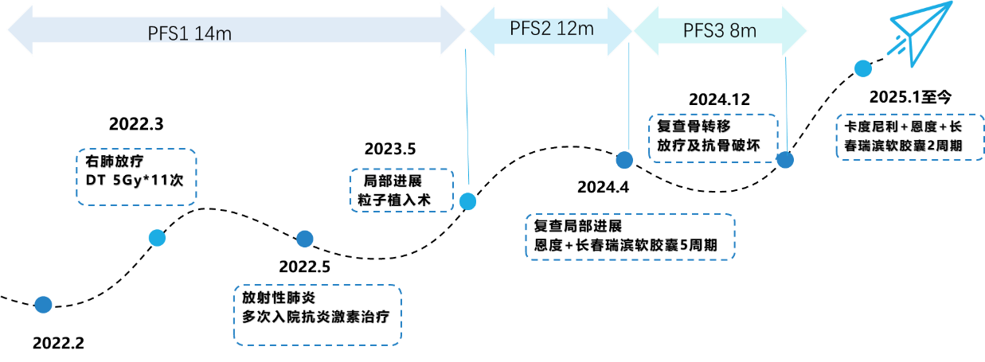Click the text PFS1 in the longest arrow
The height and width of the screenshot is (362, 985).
(169, 33)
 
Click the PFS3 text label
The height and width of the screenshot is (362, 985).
(703, 31)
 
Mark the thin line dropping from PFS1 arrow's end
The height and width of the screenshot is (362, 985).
(467, 119)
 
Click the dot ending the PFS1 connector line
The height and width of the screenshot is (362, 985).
(467, 202)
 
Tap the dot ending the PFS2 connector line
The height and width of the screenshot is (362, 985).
(624, 160)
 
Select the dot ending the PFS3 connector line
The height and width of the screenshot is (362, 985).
(785, 160)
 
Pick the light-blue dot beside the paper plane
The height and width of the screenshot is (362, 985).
(863, 68)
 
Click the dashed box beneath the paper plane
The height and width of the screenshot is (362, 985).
(909, 137)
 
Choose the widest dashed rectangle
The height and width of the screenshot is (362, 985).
(630, 236)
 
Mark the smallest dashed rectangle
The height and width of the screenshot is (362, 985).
(401, 190)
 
